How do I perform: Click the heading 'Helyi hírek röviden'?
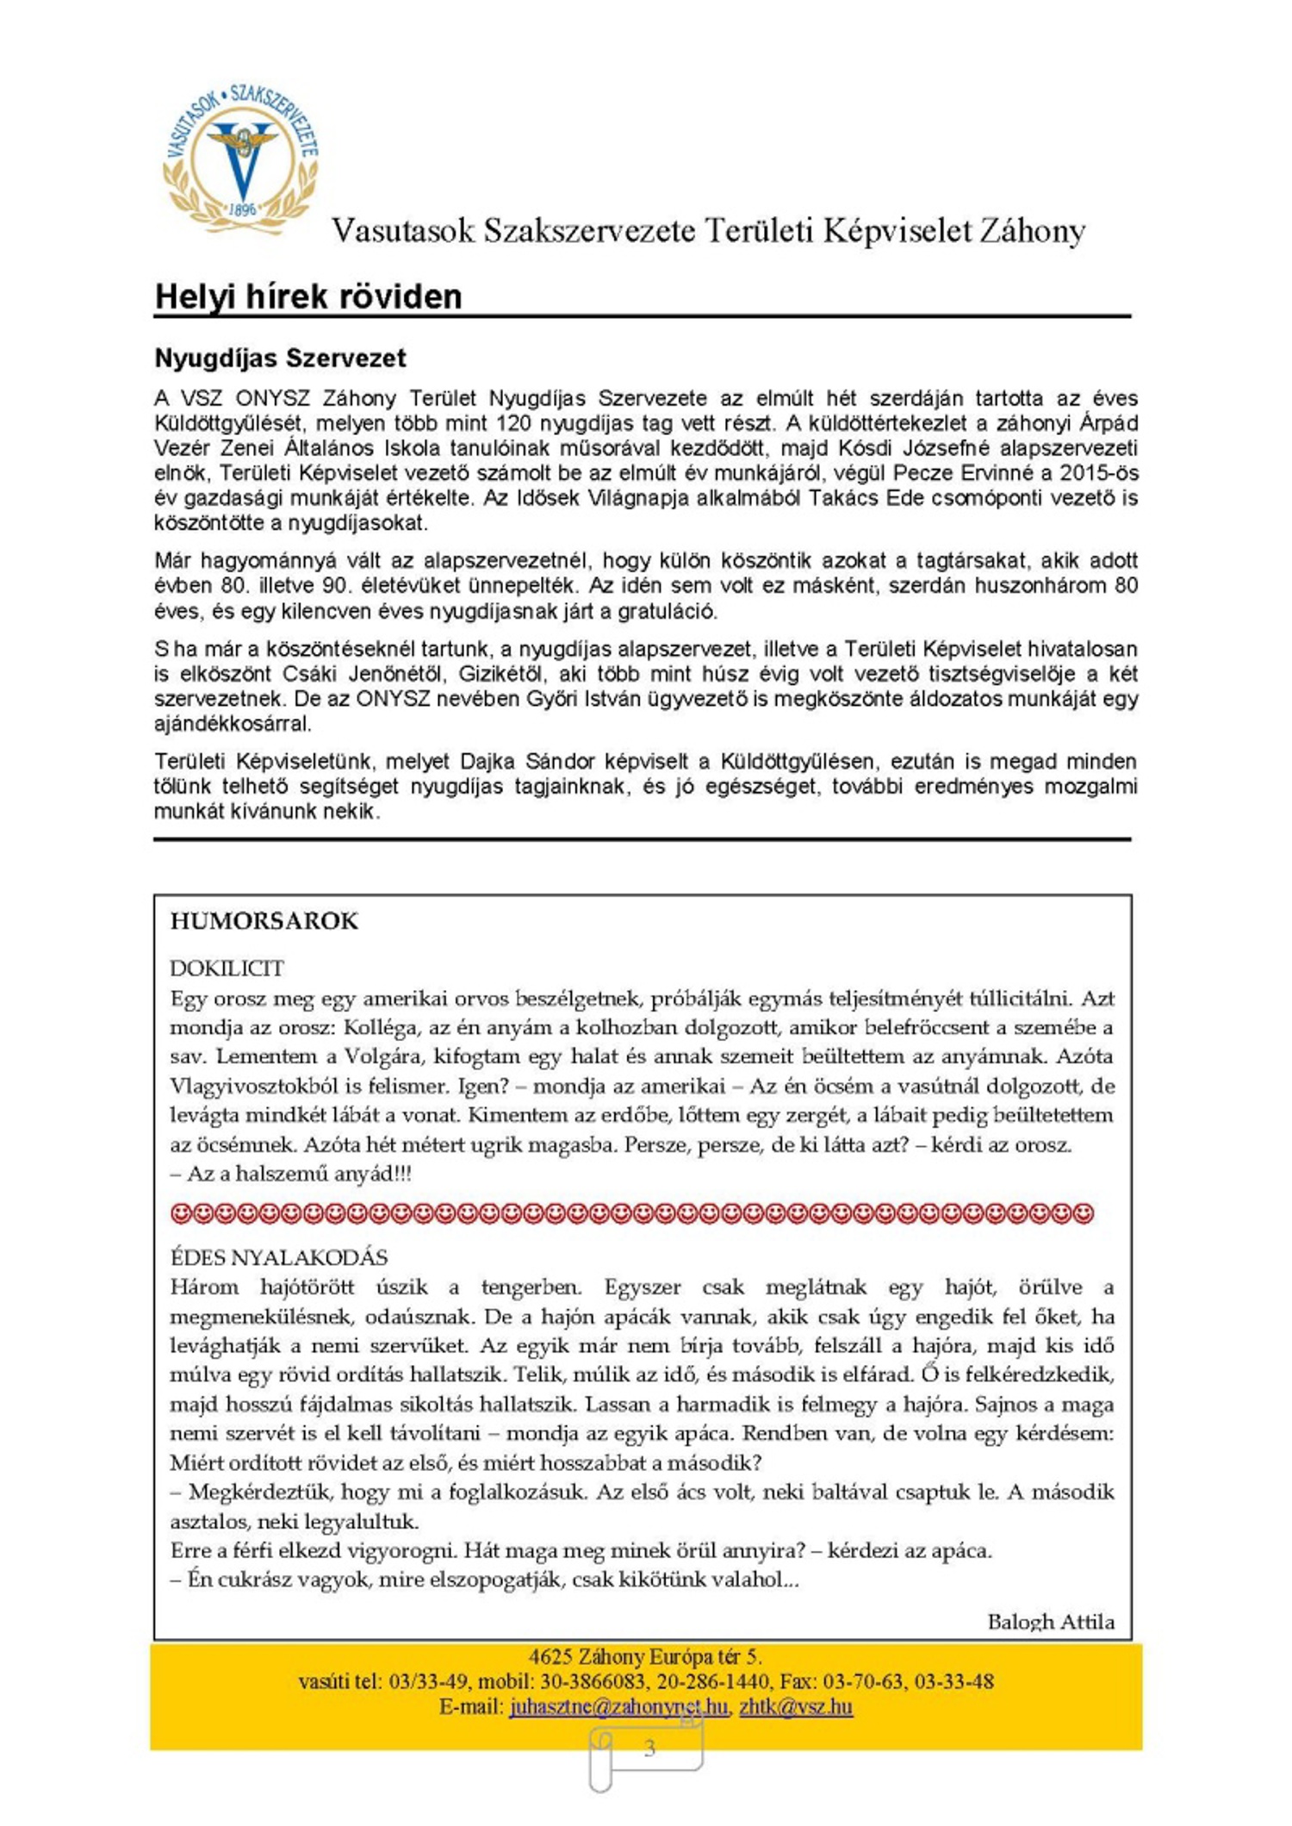(x=307, y=296)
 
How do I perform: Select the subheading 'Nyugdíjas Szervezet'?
(x=280, y=358)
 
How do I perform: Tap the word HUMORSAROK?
(x=264, y=921)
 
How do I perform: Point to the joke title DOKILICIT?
(x=227, y=968)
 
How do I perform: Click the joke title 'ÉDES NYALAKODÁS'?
(x=279, y=1256)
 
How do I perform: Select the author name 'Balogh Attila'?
(x=1050, y=1622)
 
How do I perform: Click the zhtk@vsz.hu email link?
(x=796, y=1706)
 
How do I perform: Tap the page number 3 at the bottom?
(x=649, y=1748)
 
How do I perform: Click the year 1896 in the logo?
(x=243, y=209)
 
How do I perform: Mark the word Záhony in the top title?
(x=1030, y=231)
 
